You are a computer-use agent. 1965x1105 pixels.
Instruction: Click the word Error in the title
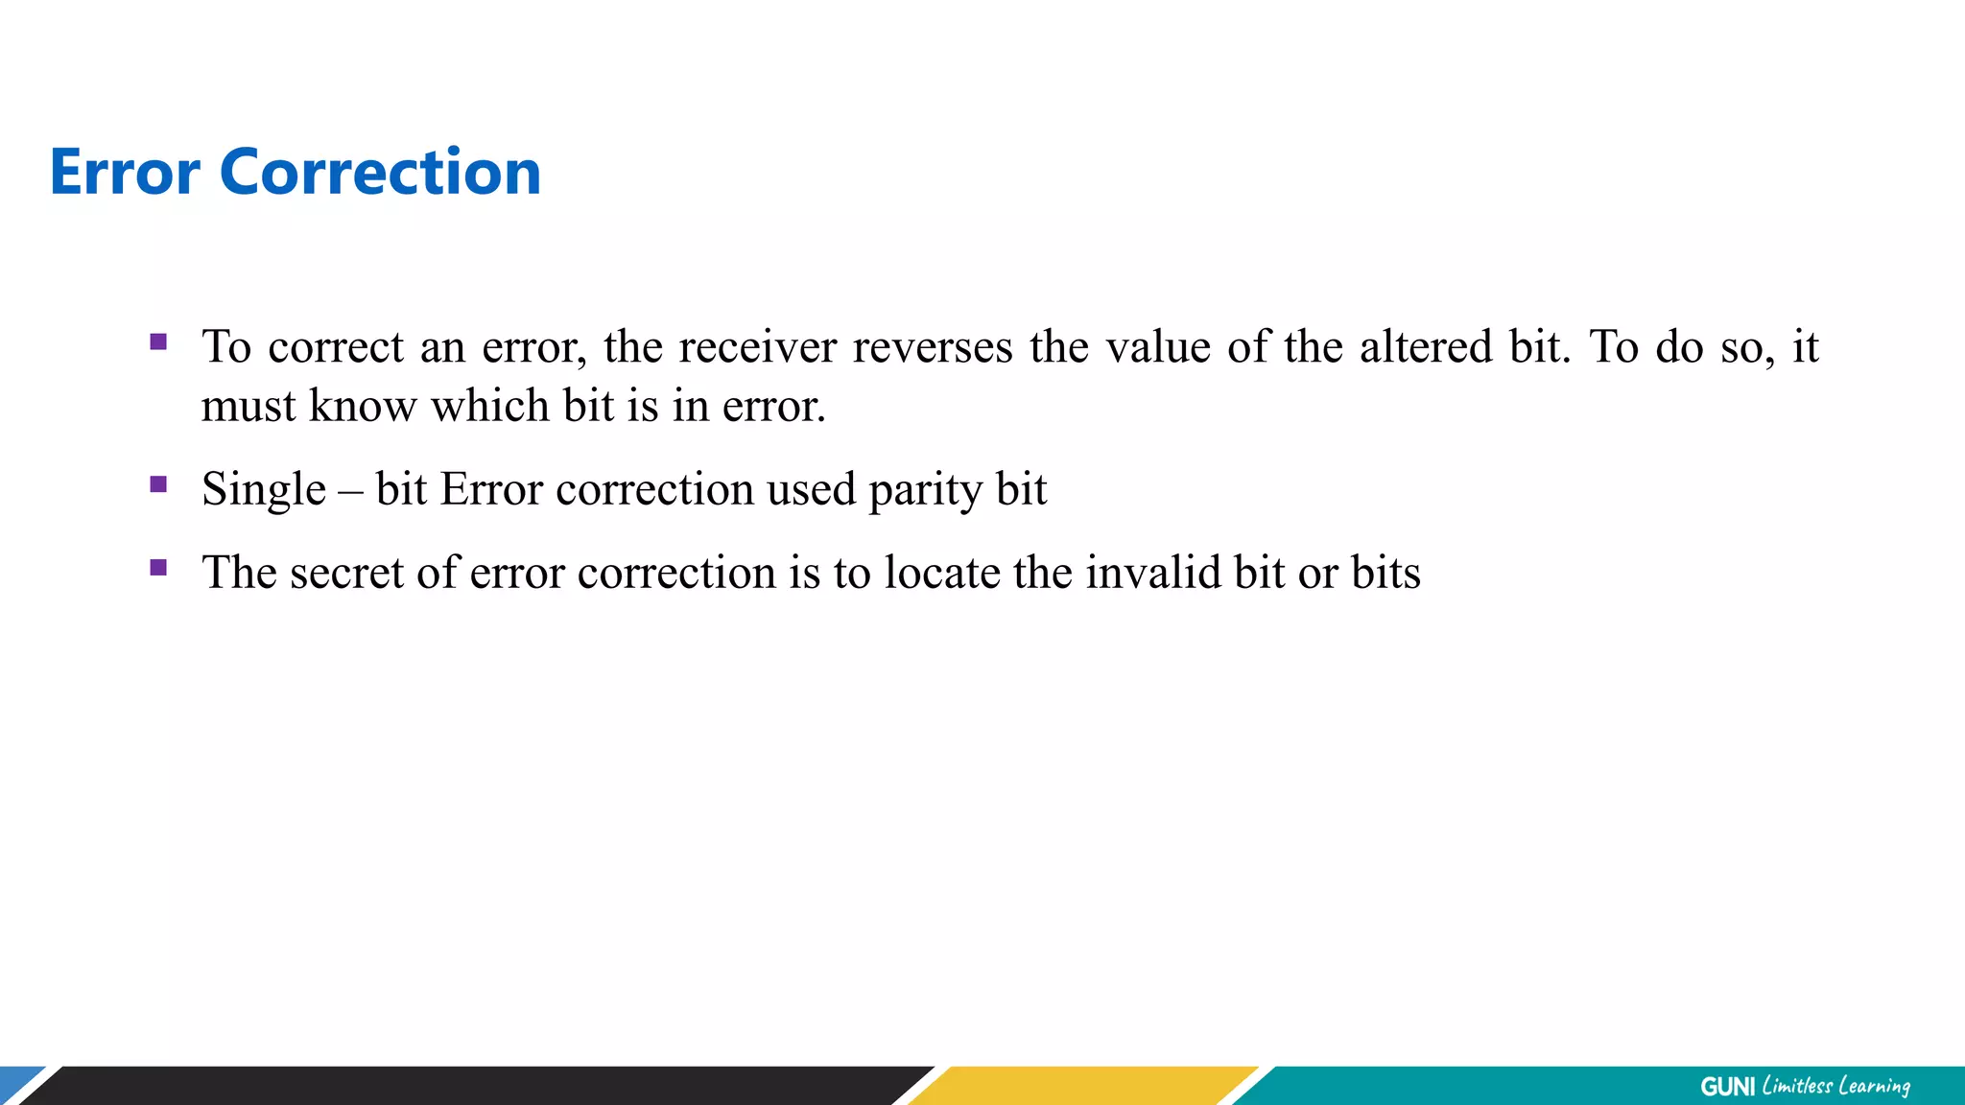coord(125,173)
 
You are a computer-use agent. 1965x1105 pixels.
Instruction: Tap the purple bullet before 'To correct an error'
coord(159,341)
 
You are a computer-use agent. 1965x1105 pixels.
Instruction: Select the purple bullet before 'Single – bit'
coord(159,484)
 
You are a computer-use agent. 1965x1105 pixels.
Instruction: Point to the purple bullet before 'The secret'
coord(159,568)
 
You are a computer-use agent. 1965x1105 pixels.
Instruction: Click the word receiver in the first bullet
coord(758,347)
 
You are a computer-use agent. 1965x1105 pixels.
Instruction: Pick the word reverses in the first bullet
coord(932,347)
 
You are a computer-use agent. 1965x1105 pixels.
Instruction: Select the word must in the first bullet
coord(249,407)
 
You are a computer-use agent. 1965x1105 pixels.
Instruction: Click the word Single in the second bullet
coord(264,490)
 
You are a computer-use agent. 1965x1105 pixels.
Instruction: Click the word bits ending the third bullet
coord(1385,574)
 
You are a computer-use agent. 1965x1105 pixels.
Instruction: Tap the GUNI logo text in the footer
coord(1727,1087)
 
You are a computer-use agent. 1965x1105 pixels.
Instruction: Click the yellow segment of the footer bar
coord(1084,1086)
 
